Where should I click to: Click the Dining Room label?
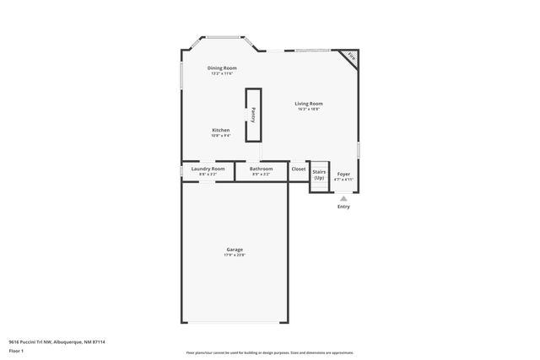click(222, 67)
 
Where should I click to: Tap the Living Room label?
click(309, 104)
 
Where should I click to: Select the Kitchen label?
click(221, 130)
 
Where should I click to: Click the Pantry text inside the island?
click(253, 116)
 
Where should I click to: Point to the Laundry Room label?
click(208, 169)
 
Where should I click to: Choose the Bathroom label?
click(261, 169)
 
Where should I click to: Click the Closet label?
click(299, 169)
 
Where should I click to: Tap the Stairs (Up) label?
click(319, 175)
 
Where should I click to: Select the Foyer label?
click(343, 174)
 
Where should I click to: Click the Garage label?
click(235, 249)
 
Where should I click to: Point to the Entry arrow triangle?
click(343, 198)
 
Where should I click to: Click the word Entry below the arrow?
click(343, 207)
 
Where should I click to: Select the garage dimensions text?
click(235, 255)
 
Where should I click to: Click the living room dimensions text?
click(309, 110)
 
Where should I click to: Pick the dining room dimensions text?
click(222, 73)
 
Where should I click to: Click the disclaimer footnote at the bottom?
click(269, 352)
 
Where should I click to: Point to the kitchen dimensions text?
click(221, 136)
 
